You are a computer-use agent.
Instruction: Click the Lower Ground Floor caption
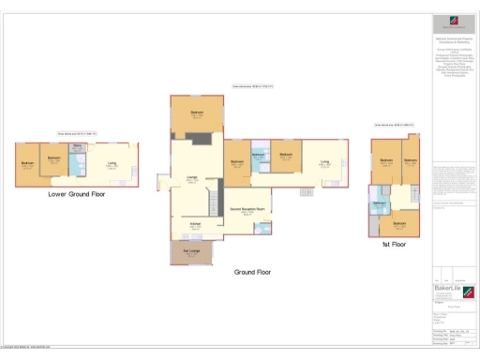pos(74,195)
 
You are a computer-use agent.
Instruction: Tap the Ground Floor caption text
pos(251,272)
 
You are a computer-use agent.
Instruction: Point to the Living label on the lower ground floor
pos(112,165)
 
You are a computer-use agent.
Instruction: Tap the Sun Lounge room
pos(191,251)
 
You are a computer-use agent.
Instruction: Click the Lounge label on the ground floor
pos(190,178)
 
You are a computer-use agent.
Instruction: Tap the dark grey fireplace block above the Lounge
pos(198,138)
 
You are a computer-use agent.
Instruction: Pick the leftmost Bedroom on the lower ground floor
pos(26,164)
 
